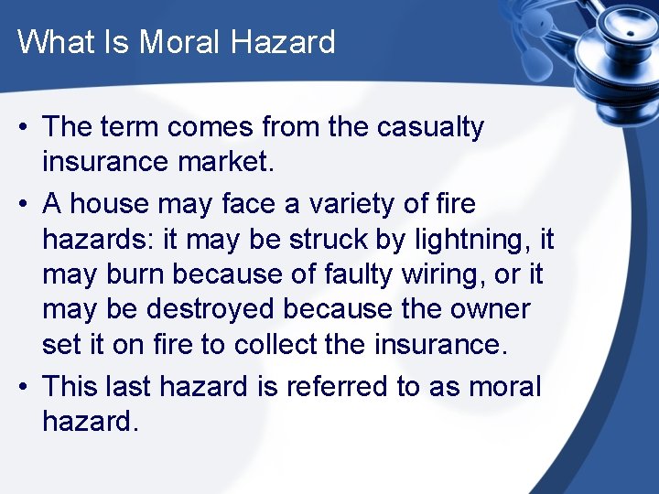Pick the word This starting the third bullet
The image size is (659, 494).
tap(70, 386)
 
